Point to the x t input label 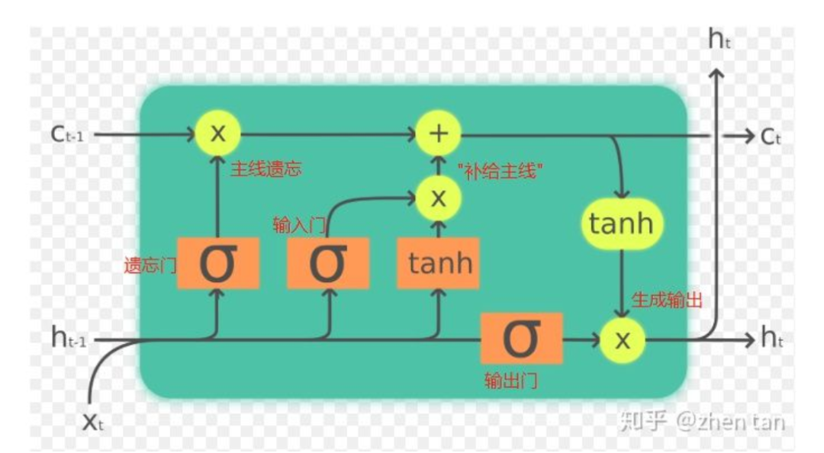coord(92,421)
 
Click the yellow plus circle coord(438,134)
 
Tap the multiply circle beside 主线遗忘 coord(217,133)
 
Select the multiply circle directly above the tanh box coord(438,198)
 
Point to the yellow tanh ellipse coord(622,223)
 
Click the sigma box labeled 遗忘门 coord(217,263)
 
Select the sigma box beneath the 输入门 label coord(328,263)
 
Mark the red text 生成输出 coord(667,300)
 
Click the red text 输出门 coord(510,380)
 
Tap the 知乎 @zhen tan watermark coord(702,420)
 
